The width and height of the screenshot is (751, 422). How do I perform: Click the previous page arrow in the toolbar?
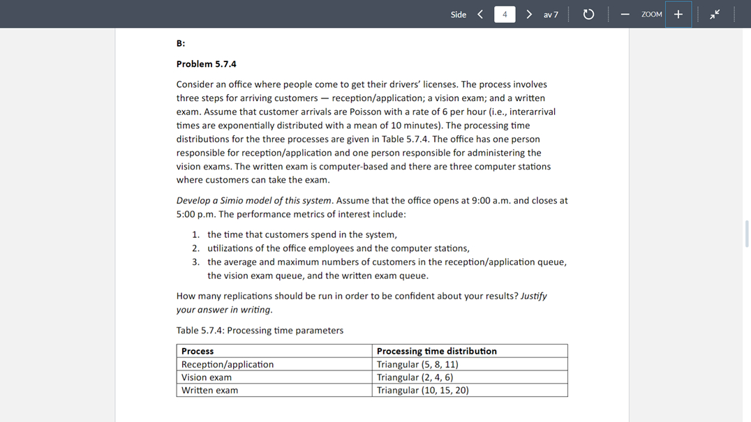480,14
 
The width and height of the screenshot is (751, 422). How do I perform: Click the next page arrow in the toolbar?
529,14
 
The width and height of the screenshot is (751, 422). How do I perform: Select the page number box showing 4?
505,15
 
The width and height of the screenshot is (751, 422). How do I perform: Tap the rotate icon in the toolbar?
588,15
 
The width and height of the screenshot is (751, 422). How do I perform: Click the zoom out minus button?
625,15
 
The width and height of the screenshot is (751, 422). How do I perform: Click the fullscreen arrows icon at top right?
715,15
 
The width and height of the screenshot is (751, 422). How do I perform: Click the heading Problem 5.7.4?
206,64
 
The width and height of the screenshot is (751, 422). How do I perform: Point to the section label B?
181,43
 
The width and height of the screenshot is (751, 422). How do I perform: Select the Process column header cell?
198,351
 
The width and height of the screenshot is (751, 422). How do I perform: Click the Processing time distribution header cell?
436,351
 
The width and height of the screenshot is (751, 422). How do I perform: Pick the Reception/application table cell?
228,364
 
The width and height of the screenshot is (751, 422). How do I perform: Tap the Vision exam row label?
207,377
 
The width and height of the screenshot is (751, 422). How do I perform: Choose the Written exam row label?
209,391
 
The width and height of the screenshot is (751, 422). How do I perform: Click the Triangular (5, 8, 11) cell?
417,364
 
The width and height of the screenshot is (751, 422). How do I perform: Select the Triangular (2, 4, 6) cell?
415,377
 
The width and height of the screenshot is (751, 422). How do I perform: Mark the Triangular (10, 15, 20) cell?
422,391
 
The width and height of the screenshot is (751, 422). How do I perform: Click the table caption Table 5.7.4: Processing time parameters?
260,331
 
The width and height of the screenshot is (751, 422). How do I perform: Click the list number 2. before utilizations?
196,248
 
